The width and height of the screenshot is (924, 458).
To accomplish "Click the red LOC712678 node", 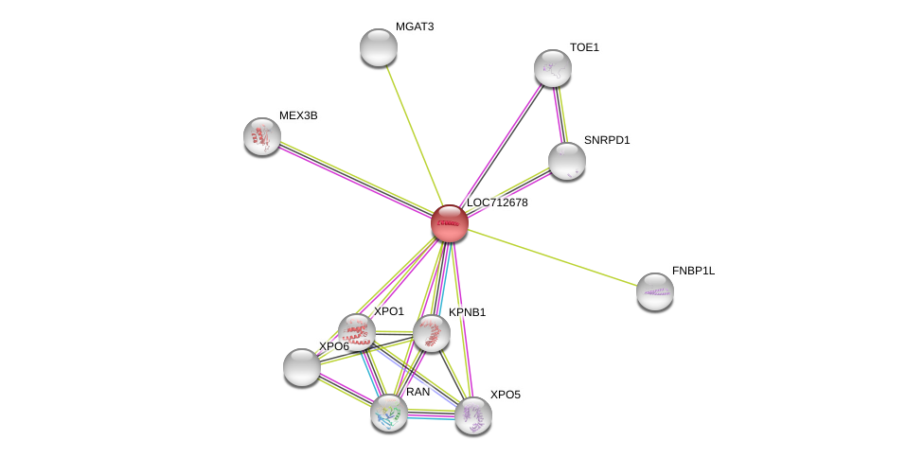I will pos(450,223).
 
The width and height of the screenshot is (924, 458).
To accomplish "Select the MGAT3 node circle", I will pos(379,47).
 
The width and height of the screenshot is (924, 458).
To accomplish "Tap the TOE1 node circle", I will pos(553,68).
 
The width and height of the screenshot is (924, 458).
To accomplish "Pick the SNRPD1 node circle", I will pos(567,161).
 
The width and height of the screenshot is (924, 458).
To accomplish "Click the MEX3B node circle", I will pos(262,136).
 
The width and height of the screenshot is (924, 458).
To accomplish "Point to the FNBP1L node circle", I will pos(655,291).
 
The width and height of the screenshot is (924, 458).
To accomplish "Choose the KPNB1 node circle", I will pos(432,333).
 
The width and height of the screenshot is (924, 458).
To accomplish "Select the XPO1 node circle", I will pos(357,332).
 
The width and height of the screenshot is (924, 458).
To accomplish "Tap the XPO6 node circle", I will pos(302,367).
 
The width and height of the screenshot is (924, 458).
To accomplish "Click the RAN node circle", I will pos(389,413).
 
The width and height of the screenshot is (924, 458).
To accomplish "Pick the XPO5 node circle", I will pos(473,415).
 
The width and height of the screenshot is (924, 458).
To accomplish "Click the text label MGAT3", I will pos(415,26).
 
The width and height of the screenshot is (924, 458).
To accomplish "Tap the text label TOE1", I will pos(584,47).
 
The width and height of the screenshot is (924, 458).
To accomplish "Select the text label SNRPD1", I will pos(607,140).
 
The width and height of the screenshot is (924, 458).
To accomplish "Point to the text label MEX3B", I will pos(298,115).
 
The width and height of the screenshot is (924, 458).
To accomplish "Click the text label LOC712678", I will pos(497,203).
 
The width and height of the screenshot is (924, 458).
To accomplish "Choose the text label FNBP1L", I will pos(693,271).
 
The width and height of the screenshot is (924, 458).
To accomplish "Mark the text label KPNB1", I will pos(467,312).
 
